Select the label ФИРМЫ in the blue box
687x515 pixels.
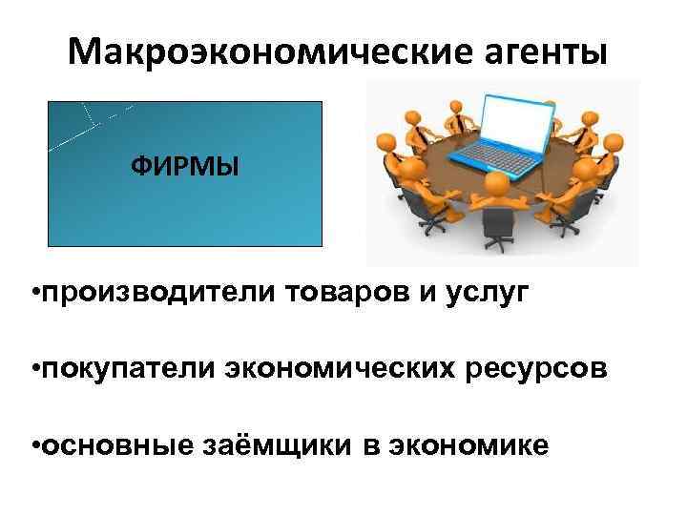coord(185,168)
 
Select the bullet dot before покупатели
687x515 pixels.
coord(34,368)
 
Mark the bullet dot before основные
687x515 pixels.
coord(34,444)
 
